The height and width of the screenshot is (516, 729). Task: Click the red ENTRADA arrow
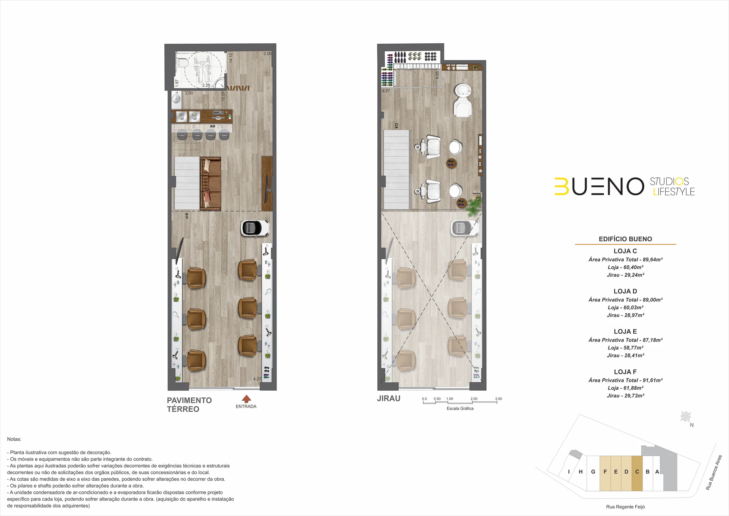(x=246, y=399)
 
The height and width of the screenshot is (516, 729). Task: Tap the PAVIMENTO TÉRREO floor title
(x=189, y=405)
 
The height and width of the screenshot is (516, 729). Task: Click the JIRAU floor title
(x=388, y=399)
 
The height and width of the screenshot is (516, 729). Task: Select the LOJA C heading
(x=625, y=251)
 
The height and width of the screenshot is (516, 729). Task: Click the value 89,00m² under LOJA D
(x=653, y=300)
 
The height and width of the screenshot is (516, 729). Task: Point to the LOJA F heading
(x=625, y=372)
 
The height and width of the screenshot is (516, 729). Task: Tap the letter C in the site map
(x=637, y=472)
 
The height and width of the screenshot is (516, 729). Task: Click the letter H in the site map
(x=581, y=472)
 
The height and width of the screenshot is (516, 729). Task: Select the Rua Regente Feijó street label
(x=625, y=507)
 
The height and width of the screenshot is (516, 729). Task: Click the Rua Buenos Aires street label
(x=714, y=472)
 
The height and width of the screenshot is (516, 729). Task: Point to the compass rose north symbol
(x=686, y=417)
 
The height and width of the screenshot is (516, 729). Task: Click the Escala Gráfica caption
(x=460, y=409)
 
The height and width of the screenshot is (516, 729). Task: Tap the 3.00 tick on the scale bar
(x=499, y=399)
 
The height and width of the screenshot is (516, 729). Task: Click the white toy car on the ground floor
(x=255, y=228)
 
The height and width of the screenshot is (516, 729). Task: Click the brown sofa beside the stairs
(x=211, y=184)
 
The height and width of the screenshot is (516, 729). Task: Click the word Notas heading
(x=14, y=439)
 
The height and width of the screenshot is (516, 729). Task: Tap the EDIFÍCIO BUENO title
(x=625, y=239)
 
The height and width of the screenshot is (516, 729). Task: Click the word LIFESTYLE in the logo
(x=674, y=192)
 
